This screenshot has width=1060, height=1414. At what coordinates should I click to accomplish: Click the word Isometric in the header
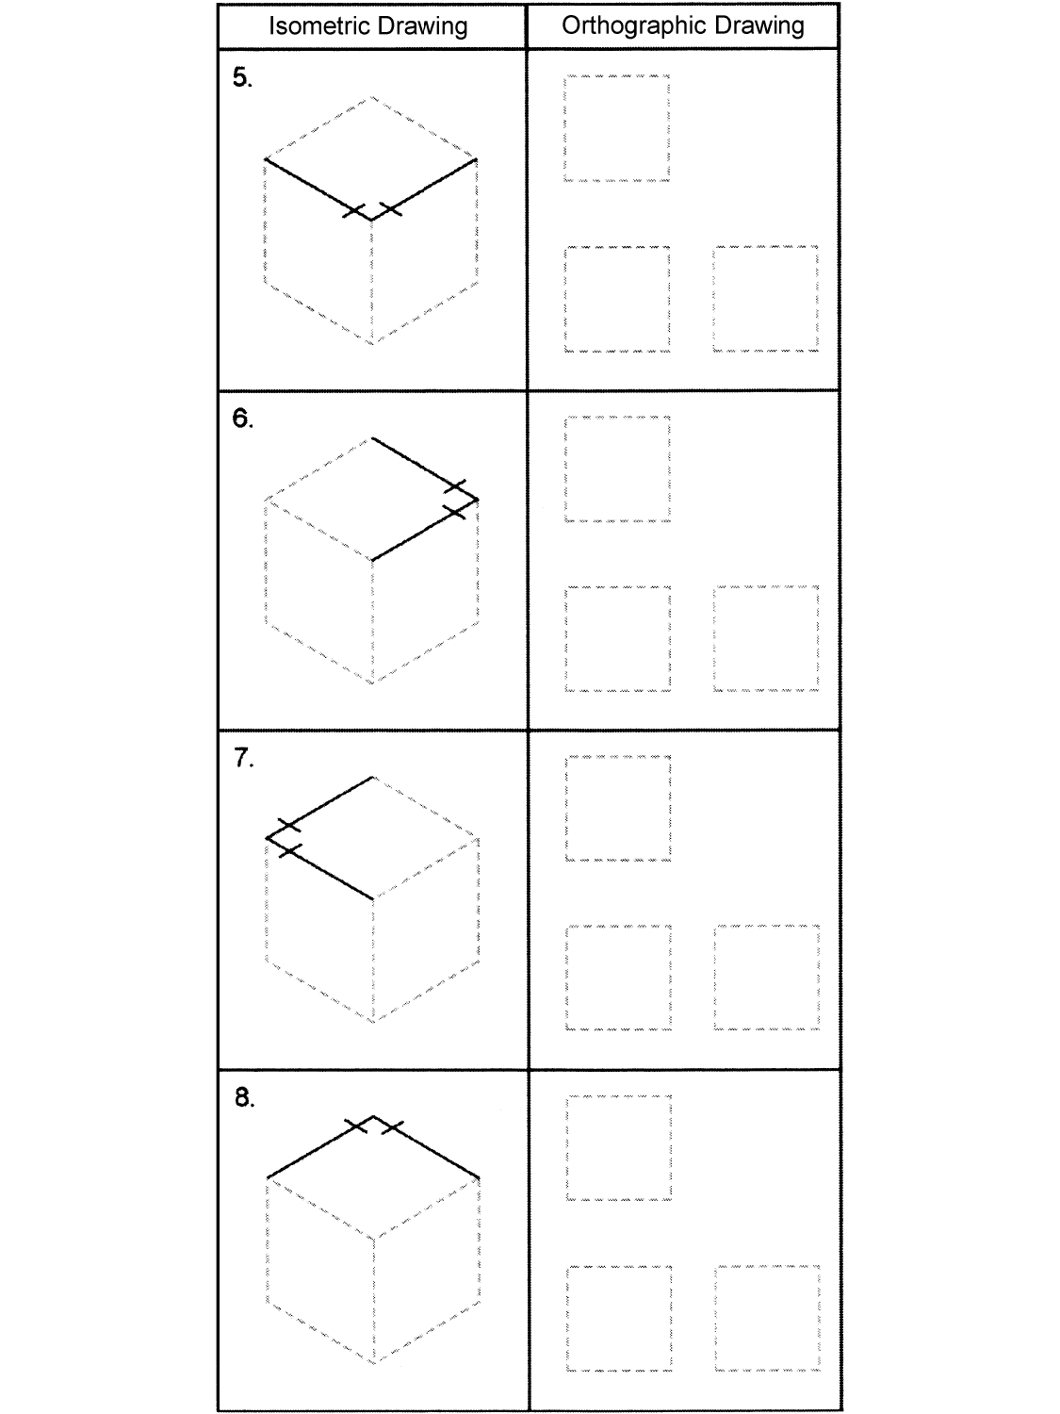coord(315,25)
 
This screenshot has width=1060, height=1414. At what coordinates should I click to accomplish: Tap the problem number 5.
coord(242,78)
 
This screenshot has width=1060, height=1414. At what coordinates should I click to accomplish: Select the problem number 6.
coord(242,419)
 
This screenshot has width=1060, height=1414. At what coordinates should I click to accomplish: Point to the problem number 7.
coord(243,758)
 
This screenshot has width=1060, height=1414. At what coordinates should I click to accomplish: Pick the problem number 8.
coord(243,1097)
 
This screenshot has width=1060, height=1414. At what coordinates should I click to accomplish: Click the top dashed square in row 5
coord(617,127)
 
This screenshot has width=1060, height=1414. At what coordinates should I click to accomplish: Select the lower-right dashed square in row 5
coord(765,299)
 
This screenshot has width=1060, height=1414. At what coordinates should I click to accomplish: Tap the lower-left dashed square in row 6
coord(618,638)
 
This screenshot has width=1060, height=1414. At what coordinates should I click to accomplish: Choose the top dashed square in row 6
coord(617,469)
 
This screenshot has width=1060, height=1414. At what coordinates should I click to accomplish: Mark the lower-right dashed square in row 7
coord(766,978)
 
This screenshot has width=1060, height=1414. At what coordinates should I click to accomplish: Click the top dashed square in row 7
coord(618,808)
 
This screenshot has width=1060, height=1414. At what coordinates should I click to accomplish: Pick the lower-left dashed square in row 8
coord(619,1318)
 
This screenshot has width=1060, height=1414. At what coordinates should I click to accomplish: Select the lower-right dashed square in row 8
coord(767,1318)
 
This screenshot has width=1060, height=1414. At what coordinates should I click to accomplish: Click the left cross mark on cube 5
coord(354,210)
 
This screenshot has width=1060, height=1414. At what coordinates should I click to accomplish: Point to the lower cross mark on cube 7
coord(289,850)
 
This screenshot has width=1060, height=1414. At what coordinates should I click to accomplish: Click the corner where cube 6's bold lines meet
coord(478,499)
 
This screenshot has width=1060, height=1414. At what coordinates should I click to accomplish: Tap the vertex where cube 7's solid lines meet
coord(268,837)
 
